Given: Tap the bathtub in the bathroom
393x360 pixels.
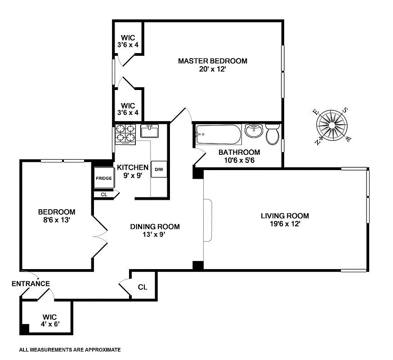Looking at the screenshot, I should (x=218, y=134).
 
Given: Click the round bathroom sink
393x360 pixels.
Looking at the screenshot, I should (x=254, y=132).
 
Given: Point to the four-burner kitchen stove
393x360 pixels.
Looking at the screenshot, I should (x=125, y=134).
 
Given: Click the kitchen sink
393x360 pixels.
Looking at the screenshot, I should (x=150, y=131).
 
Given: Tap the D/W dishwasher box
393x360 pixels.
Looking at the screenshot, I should (x=159, y=170).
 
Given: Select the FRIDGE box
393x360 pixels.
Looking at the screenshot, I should (x=103, y=178).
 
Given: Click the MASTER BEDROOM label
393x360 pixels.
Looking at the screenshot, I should (x=212, y=61).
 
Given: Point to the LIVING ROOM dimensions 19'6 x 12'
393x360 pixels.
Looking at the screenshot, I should (x=285, y=224).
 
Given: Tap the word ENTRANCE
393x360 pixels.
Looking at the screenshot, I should (x=31, y=283).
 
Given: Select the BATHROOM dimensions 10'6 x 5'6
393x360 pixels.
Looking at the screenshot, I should (x=239, y=160).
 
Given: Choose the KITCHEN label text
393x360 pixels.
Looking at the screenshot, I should (x=133, y=167).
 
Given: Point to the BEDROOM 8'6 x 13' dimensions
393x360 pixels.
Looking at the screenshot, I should (x=56, y=220).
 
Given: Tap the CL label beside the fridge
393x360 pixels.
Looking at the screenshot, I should (x=103, y=194).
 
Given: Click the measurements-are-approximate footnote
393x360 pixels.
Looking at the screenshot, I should (x=70, y=349).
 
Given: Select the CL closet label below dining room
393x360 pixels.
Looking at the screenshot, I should (x=142, y=287).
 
